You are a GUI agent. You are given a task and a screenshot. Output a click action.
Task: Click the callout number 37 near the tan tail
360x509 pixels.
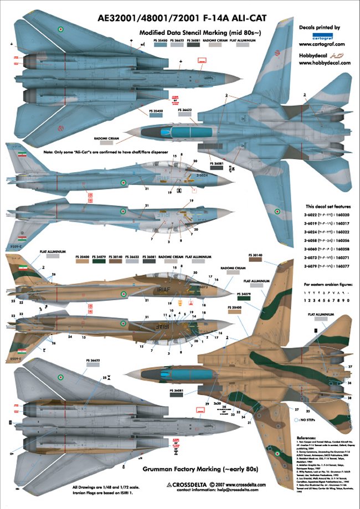point(349,367)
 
